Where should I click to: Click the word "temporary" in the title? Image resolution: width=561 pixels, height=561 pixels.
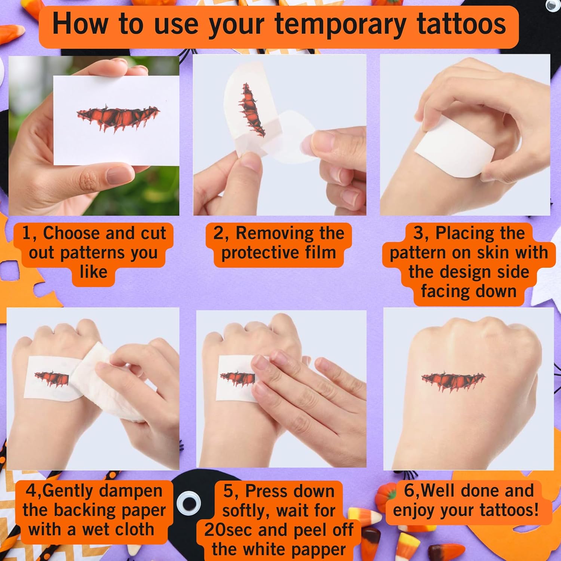[340, 24]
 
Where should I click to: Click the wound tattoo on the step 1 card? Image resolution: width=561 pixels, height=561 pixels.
[118, 118]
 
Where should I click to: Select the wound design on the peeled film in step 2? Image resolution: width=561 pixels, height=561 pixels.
[251, 110]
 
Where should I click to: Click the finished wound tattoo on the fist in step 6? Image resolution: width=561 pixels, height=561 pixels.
[453, 381]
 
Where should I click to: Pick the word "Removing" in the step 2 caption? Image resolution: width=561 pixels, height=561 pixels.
[290, 233]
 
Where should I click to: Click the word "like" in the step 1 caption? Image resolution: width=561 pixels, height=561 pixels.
[93, 272]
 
